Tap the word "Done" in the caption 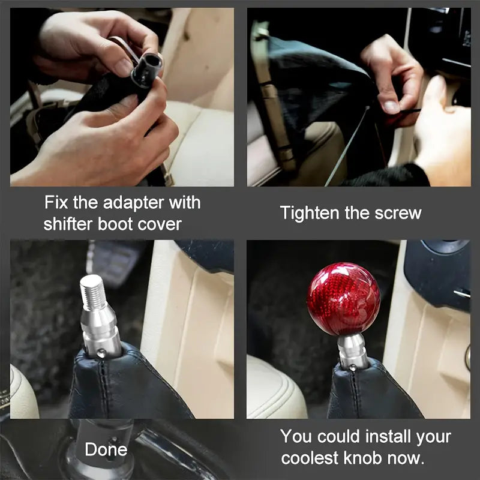(x=106, y=449)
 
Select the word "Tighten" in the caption (x=310, y=213)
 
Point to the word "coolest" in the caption (x=310, y=458)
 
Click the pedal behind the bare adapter (x=112, y=262)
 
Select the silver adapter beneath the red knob (x=353, y=352)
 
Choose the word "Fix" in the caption (x=56, y=202)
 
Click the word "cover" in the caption (x=160, y=224)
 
